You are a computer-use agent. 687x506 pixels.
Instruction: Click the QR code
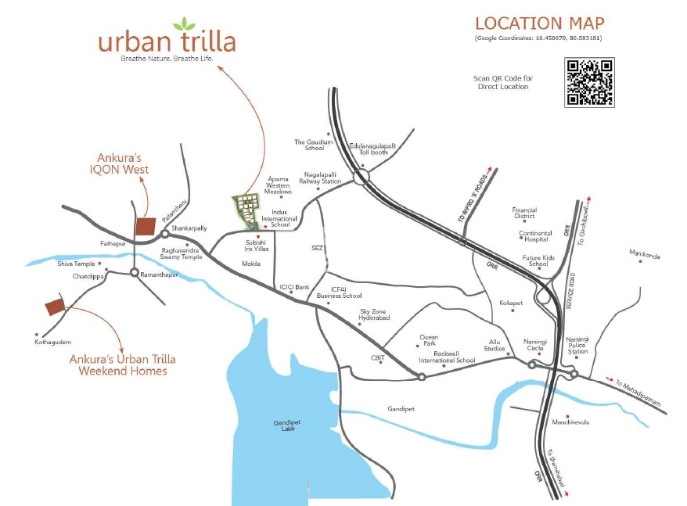point(589,82)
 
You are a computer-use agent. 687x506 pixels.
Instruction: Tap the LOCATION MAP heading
point(539,23)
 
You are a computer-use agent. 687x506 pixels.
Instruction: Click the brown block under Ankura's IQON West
point(145,227)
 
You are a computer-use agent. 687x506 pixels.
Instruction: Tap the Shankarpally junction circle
point(165,233)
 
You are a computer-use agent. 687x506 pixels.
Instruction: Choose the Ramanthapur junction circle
point(135,273)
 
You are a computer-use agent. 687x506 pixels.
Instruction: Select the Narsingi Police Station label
point(578,345)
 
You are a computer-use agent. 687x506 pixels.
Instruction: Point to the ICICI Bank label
point(296,287)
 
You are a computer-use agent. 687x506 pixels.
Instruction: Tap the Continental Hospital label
point(535,235)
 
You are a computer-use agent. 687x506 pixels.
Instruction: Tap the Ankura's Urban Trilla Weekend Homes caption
point(123,365)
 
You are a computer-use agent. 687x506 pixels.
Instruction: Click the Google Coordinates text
point(538,38)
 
